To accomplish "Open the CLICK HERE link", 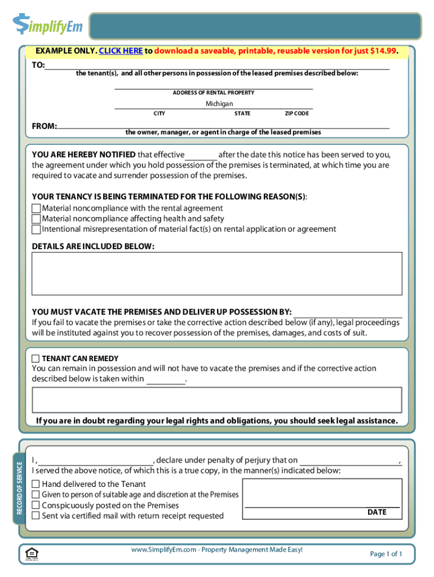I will (x=121, y=51).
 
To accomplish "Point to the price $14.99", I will (x=383, y=51).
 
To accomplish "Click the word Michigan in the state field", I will (x=219, y=104).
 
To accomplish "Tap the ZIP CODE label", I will (x=296, y=114).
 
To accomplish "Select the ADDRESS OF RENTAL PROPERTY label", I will (x=214, y=92).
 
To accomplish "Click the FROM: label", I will (x=44, y=126).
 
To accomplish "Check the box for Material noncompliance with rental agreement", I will (x=37, y=208).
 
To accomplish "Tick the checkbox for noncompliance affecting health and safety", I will (x=37, y=219).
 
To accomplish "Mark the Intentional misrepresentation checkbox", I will (x=37, y=229).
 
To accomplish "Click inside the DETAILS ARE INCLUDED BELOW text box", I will (x=217, y=273).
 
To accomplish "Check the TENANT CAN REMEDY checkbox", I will (x=36, y=358).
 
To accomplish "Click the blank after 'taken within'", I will (x=166, y=379).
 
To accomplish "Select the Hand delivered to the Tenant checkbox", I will (x=36, y=484).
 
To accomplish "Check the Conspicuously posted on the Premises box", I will (x=36, y=505).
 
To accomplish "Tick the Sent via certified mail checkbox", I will (x=36, y=516).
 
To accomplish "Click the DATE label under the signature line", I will (x=377, y=512).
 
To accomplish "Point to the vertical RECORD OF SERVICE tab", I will (x=19, y=488).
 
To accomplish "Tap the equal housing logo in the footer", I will (x=32, y=554).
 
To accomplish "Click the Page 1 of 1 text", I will (x=386, y=554).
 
